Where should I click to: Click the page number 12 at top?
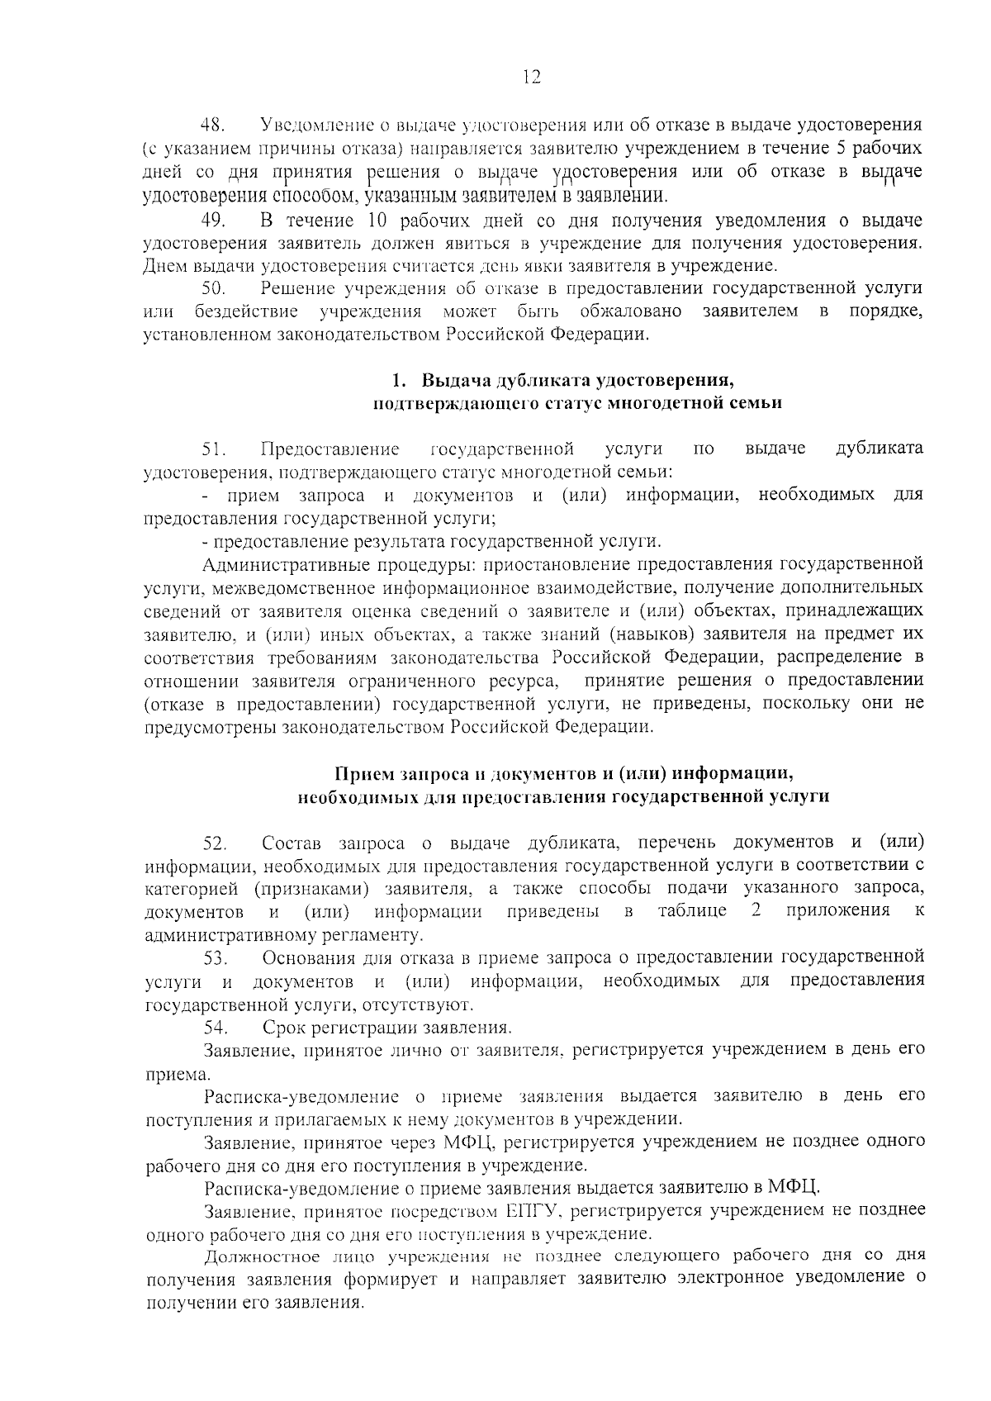point(531,77)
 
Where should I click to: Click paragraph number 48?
point(213,126)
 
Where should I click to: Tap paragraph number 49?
point(213,221)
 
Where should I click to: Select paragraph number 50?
point(213,288)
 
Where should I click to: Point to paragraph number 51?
point(214,449)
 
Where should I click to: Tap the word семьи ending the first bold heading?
point(754,404)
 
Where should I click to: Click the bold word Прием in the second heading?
point(359,774)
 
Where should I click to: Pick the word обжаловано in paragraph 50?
point(630,311)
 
